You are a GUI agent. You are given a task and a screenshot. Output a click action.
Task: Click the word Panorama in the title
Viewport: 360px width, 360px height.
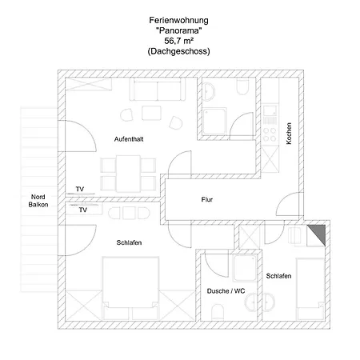pyautogui.click(x=178, y=30)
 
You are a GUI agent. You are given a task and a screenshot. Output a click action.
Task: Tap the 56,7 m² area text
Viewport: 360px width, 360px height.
pyautogui.click(x=178, y=41)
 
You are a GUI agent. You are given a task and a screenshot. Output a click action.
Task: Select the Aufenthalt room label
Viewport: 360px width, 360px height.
pyautogui.click(x=129, y=139)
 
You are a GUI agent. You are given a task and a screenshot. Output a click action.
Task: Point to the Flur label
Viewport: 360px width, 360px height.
pyautogui.click(x=207, y=199)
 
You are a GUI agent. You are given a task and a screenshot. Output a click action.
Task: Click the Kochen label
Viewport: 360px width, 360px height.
pyautogui.click(x=289, y=134)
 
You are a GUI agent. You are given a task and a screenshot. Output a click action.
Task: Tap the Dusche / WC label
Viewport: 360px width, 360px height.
pyautogui.click(x=226, y=291)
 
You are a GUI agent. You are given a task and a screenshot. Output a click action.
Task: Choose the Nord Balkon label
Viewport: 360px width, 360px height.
pyautogui.click(x=38, y=201)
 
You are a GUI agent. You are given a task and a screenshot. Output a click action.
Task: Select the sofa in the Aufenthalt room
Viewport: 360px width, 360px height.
pyautogui.click(x=158, y=90)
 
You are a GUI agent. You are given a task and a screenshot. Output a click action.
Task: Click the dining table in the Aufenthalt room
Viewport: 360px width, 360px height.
pyautogui.click(x=128, y=174)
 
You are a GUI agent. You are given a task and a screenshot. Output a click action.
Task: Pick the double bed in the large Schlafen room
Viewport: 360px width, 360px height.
pyautogui.click(x=130, y=288)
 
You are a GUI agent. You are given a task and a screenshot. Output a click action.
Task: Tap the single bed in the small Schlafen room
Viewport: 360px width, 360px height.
pyautogui.click(x=310, y=289)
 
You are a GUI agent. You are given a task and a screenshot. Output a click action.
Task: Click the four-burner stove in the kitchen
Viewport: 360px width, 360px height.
pyautogui.click(x=270, y=134)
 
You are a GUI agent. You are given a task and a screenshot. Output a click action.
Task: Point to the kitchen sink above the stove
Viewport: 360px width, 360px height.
pyautogui.click(x=270, y=115)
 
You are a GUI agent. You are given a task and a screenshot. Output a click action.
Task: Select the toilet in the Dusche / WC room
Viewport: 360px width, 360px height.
pyautogui.click(x=218, y=312)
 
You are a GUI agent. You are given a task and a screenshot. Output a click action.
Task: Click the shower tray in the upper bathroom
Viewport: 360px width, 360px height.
pyautogui.click(x=214, y=122)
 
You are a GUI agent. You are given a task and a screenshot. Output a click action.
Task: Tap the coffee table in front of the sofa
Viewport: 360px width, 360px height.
pyautogui.click(x=151, y=113)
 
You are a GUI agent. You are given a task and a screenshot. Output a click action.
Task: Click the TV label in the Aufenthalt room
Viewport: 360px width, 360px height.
pyautogui.click(x=80, y=189)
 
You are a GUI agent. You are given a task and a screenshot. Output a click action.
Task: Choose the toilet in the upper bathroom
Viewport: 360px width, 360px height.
pyautogui.click(x=242, y=86)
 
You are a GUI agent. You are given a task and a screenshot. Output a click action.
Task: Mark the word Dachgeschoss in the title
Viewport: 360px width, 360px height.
pyautogui.click(x=178, y=51)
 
